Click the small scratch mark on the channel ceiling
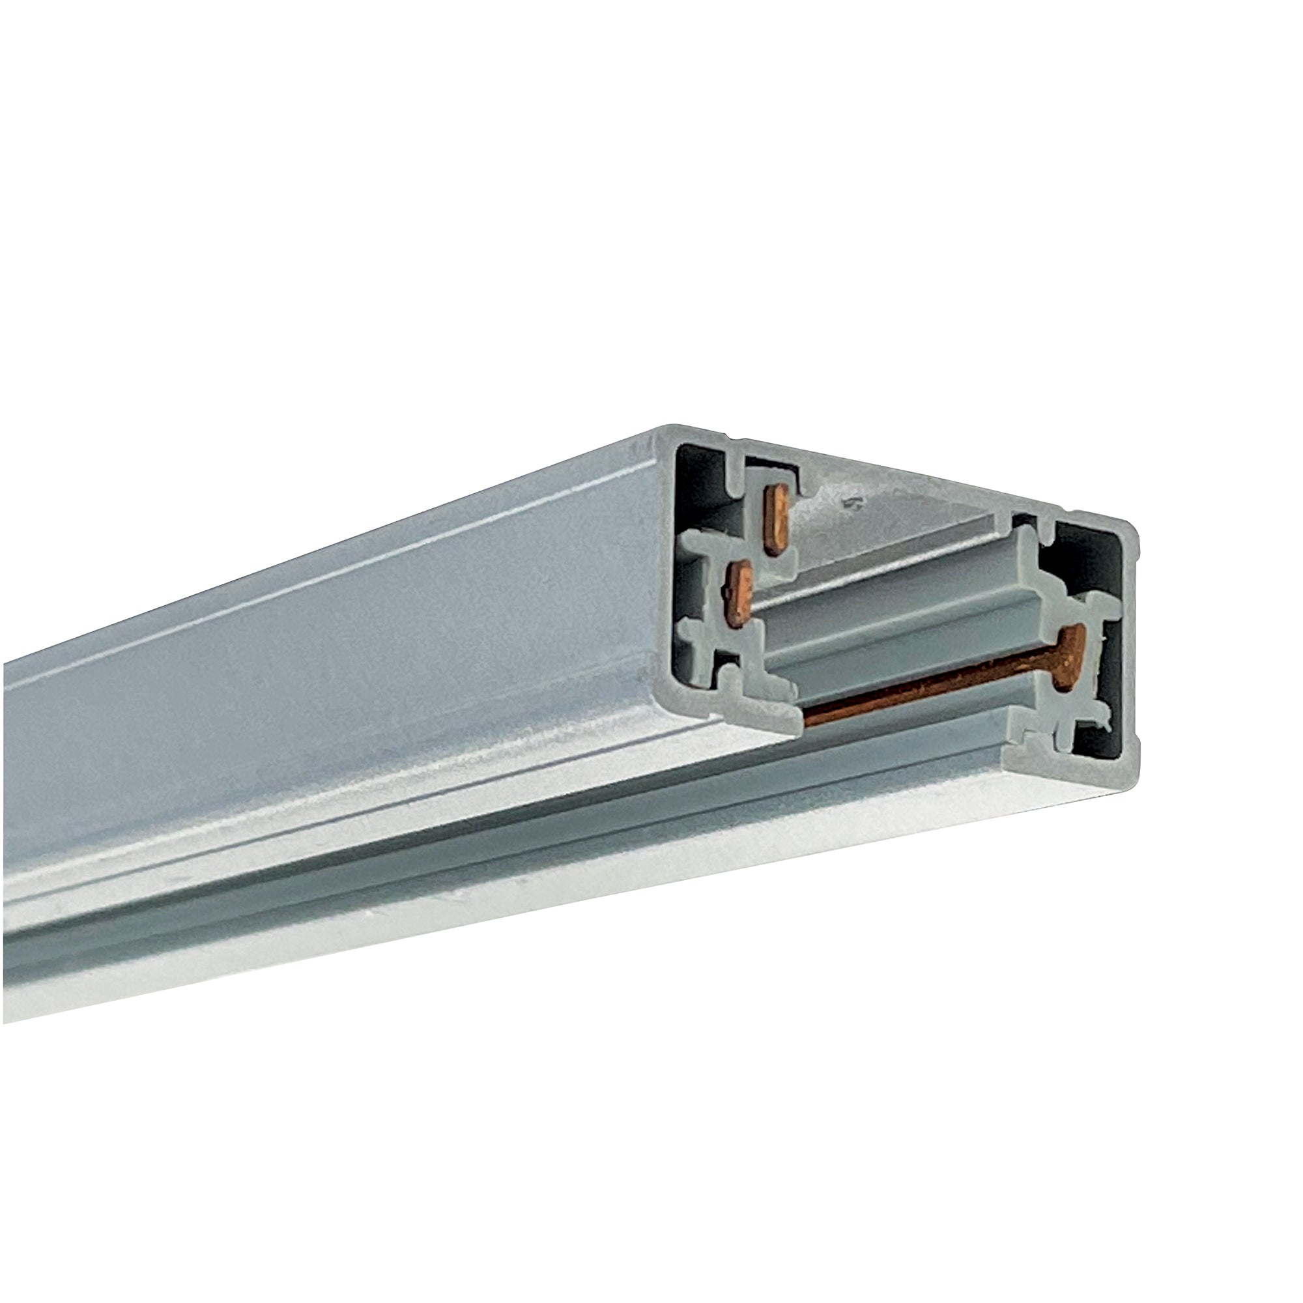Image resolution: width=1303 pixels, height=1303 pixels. pyautogui.click(x=850, y=502)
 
